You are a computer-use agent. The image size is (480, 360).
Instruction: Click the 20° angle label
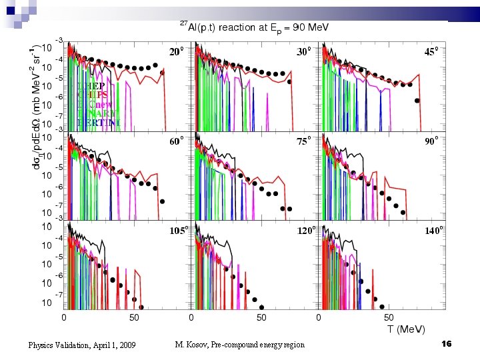click(176, 51)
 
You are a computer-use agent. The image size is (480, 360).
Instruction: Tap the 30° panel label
click(304, 51)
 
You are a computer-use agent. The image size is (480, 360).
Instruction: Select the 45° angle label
click(432, 51)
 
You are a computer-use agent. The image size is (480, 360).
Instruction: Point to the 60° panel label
click(176, 141)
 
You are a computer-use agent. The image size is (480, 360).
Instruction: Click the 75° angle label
click(304, 141)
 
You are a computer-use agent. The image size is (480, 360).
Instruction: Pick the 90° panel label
click(432, 141)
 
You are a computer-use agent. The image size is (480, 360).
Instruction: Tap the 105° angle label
click(178, 231)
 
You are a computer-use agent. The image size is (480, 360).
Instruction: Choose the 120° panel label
click(306, 231)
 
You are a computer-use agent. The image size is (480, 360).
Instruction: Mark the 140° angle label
click(434, 231)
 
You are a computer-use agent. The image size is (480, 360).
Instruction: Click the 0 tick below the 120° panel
click(192, 317)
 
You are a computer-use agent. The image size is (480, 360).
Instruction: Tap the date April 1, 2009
click(111, 345)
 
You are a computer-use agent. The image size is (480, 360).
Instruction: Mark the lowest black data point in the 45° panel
click(417, 101)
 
